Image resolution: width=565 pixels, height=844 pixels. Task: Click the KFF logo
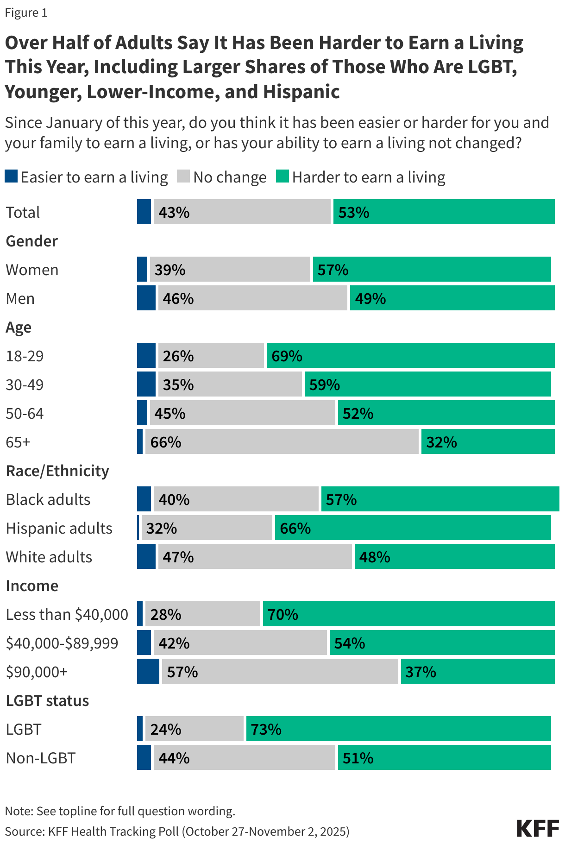[537, 828]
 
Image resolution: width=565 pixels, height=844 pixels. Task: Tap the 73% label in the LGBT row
[266, 730]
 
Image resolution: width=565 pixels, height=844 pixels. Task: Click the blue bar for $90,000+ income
[148, 672]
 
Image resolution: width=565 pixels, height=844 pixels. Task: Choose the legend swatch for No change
[183, 176]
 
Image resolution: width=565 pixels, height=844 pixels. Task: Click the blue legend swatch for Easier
[11, 176]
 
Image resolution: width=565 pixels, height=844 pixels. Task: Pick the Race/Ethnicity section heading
[57, 471]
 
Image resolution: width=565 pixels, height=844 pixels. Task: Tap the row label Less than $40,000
[67, 615]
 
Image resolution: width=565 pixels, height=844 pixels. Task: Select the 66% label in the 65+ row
[165, 442]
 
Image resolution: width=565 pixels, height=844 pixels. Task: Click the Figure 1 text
[26, 13]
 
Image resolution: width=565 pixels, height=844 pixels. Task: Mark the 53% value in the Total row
[354, 213]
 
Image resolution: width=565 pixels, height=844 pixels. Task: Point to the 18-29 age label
[25, 356]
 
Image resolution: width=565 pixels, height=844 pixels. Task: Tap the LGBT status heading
[47, 701]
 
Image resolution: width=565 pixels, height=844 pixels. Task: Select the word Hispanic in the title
[301, 92]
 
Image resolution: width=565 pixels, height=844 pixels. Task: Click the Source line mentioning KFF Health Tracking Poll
[177, 831]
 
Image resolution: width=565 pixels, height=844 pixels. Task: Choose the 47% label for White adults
[178, 557]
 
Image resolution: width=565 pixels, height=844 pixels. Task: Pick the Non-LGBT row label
[41, 758]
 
